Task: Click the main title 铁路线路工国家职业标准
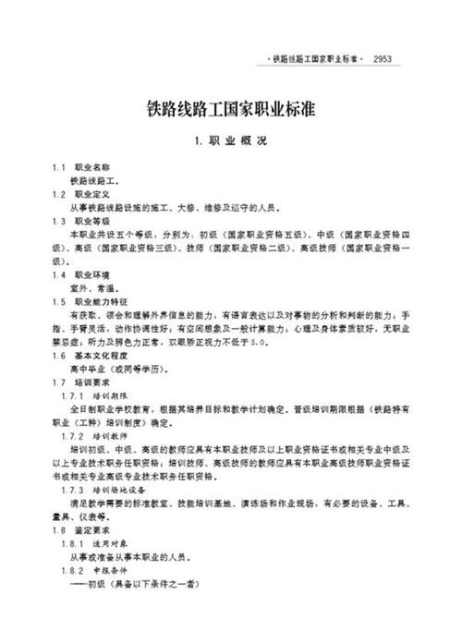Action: click(230, 109)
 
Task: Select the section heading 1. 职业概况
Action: click(230, 143)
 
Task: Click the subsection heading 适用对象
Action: click(128, 544)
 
